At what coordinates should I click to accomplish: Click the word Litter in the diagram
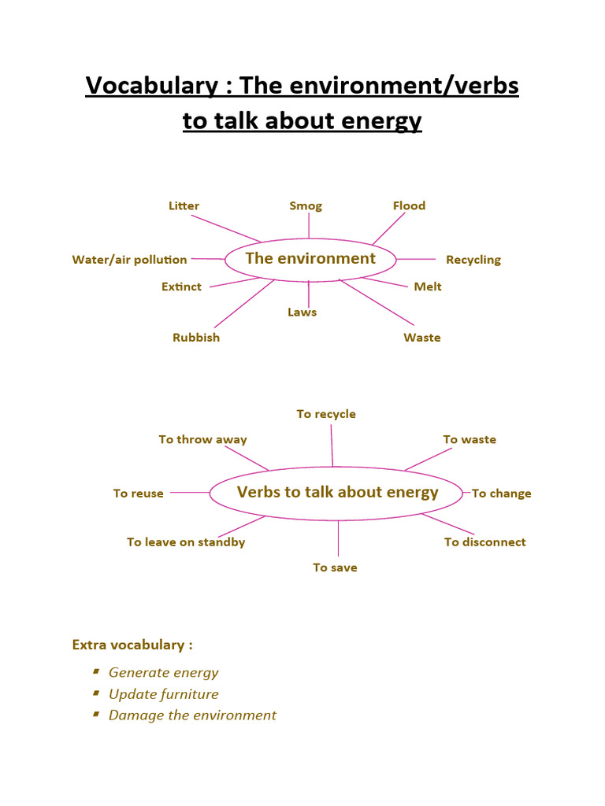tap(184, 206)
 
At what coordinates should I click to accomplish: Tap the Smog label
tap(306, 206)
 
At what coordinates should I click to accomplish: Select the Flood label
tap(409, 206)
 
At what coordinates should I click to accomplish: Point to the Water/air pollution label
tap(129, 260)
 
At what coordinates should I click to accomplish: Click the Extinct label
tap(181, 287)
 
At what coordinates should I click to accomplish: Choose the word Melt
tap(428, 287)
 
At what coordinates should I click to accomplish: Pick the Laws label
tap(302, 312)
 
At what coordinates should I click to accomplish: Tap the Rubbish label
tap(196, 338)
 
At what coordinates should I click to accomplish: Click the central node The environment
tap(310, 259)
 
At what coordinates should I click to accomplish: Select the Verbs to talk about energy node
tap(337, 493)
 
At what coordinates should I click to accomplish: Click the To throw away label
tap(202, 440)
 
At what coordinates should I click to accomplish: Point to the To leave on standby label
tap(186, 542)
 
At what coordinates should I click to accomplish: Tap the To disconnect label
tap(484, 542)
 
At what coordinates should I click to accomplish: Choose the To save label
tap(335, 568)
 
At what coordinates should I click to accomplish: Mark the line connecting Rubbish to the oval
tap(243, 304)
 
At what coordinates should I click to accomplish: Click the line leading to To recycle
tap(332, 445)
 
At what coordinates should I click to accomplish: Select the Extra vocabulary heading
tap(132, 645)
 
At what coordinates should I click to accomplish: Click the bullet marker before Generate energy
tap(95, 671)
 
